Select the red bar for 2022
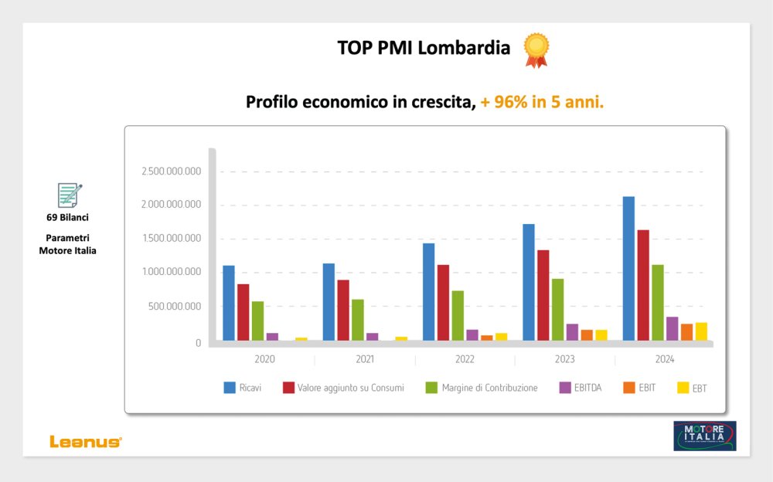coord(443,302)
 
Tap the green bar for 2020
coord(257,321)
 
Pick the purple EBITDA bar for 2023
coord(572,332)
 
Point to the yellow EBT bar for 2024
coord(701,331)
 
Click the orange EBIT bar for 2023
coord(587,335)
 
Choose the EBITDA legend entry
coord(588,388)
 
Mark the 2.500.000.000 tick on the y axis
coord(172,171)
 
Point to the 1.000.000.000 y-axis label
coord(172,272)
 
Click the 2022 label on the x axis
coord(465,360)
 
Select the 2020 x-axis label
coord(264,360)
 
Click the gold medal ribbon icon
coord(536,49)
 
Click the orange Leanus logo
coord(86,441)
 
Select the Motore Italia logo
coord(704,436)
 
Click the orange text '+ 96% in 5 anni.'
coord(542,102)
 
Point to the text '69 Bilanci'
coord(67,217)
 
